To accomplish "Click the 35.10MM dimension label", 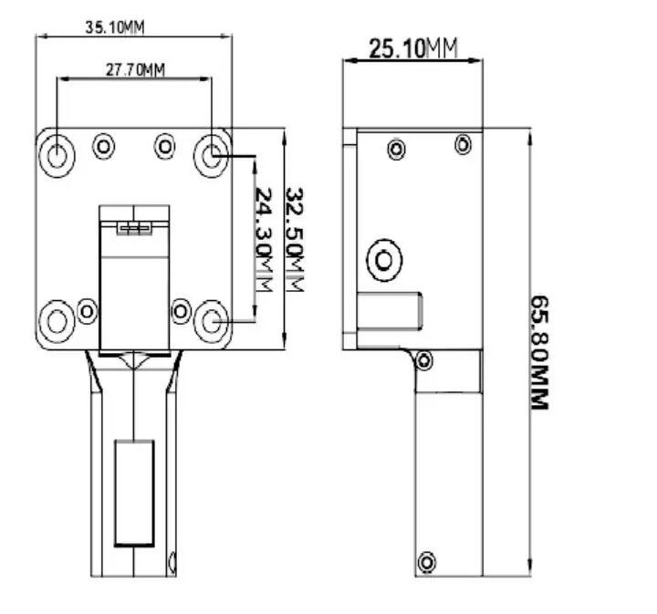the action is pos(115,27).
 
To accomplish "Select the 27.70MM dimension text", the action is pos(135,70).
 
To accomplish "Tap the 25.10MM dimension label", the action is pos(413,47).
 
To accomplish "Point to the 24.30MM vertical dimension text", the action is pos(264,239).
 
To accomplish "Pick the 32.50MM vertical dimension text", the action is pos(294,239).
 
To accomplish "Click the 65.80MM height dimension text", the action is pos(539,352).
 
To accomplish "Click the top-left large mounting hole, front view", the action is pos(57,156).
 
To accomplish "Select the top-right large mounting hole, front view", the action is pos(212,156).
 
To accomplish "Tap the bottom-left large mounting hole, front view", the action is pos(57,322).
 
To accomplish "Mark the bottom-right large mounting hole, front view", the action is pos(212,322).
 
